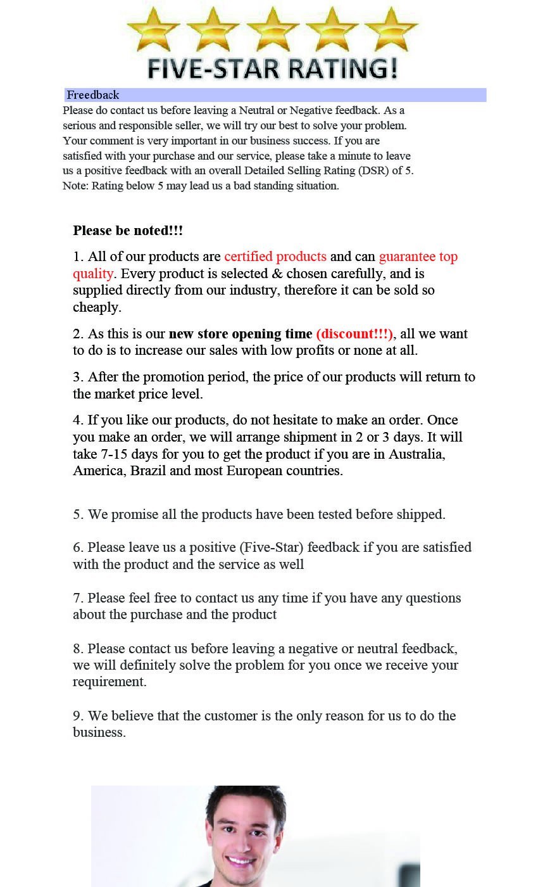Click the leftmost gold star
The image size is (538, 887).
153,30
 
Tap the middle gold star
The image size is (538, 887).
273,30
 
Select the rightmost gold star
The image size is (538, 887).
391,30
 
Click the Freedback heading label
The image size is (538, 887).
92,95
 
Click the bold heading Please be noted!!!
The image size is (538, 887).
128,231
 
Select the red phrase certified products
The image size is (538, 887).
275,257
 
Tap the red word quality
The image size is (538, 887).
93,274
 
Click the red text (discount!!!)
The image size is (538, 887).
354,334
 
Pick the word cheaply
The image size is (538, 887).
96,307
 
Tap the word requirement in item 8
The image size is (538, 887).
109,682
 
